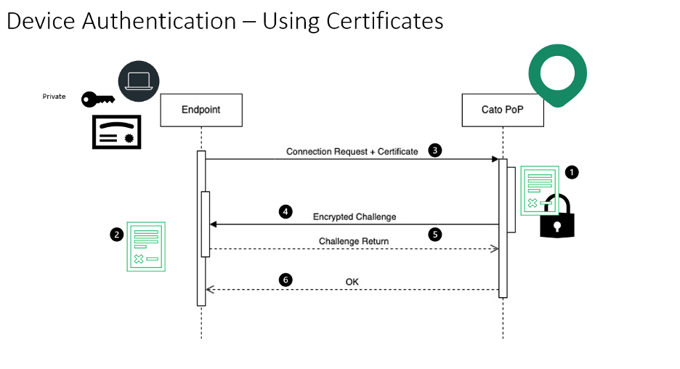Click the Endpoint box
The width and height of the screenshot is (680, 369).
tap(201, 110)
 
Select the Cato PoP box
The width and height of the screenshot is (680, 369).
tap(502, 110)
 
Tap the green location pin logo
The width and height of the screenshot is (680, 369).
tap(557, 74)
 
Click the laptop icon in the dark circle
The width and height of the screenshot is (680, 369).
tap(138, 80)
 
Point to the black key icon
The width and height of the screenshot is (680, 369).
tap(97, 99)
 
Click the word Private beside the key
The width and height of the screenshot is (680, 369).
tap(54, 96)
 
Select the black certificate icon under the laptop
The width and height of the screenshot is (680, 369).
tap(116, 131)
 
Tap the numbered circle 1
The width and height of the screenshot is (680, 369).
tap(572, 172)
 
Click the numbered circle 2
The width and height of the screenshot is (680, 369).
tap(116, 234)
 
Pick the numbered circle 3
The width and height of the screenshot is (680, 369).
tap(434, 150)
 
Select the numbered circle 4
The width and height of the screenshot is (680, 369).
tap(286, 212)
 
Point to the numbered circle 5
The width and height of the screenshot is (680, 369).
tap(434, 235)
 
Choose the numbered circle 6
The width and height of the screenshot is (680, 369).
tap(286, 279)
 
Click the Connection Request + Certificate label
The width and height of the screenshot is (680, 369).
tap(352, 152)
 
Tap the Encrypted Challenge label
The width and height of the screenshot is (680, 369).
tap(355, 216)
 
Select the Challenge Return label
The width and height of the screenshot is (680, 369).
tap(354, 241)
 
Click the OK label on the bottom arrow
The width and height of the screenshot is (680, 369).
tap(352, 282)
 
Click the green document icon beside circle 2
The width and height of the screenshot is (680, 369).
tap(146, 247)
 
